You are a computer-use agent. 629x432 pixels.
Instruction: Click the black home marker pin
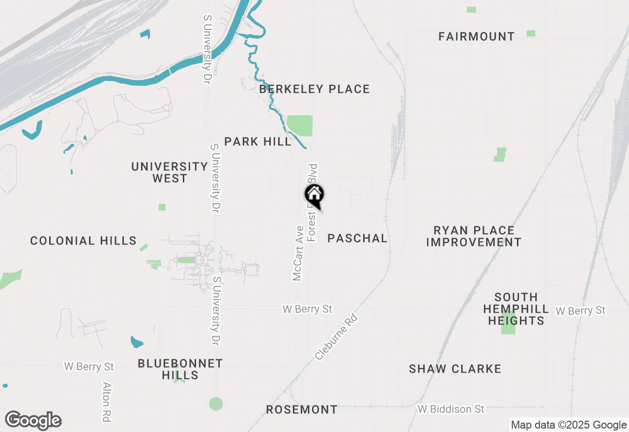point(314,195)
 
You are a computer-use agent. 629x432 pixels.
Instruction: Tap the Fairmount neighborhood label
point(477,36)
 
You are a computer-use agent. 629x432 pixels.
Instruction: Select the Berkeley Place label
point(314,89)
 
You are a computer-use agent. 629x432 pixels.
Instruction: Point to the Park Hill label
point(258,141)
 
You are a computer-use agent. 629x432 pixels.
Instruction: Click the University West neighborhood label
point(170,172)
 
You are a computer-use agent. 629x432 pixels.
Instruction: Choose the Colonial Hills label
point(83,241)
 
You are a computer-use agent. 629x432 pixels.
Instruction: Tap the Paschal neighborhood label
point(357,238)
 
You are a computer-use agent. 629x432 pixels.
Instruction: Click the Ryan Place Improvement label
point(474,236)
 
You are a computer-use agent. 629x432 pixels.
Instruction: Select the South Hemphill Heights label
point(516,309)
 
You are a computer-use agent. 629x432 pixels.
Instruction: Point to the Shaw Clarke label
point(455,369)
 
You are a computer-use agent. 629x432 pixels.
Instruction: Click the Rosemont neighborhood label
point(302,409)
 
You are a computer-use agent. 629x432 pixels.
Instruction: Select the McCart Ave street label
point(297,253)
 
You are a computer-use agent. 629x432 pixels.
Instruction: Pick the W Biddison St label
point(451,409)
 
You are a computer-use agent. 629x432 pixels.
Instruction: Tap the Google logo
point(33,421)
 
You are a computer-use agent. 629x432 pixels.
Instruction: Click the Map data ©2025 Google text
point(568,425)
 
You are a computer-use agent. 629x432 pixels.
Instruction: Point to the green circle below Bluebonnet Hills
point(216,404)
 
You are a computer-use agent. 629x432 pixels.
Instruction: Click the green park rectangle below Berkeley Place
point(299,126)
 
